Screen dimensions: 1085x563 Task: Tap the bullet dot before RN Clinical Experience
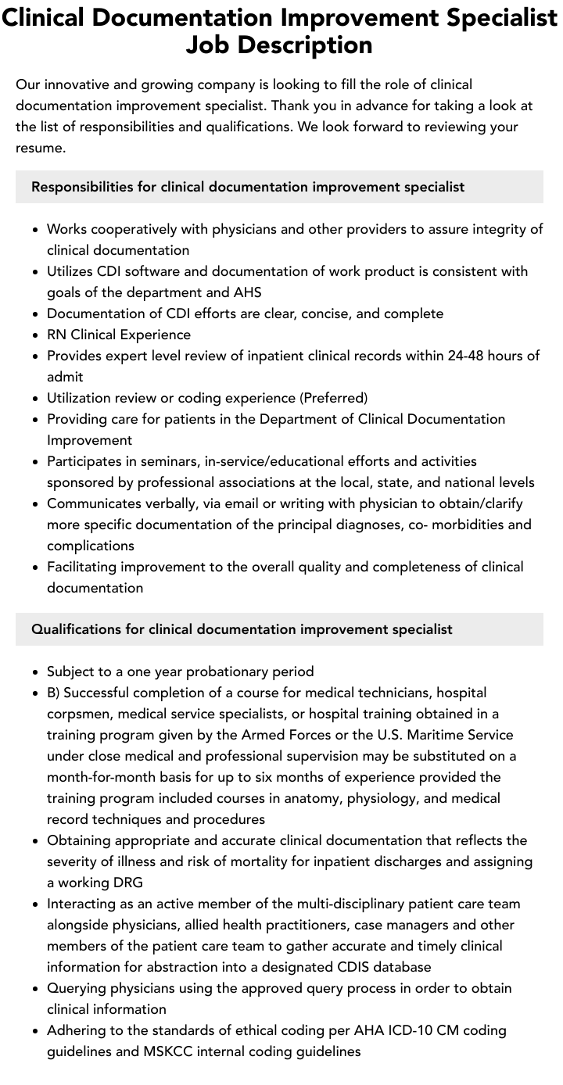[x=36, y=335]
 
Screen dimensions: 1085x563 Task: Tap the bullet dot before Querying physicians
[x=36, y=989]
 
